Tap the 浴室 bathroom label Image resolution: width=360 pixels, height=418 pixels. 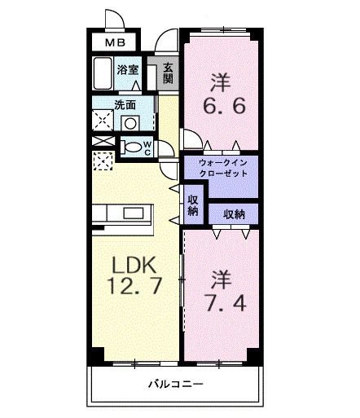click(129, 70)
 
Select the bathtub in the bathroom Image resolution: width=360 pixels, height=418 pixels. click(103, 76)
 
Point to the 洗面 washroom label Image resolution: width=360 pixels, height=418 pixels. click(125, 104)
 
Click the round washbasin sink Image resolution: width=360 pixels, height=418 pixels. click(130, 123)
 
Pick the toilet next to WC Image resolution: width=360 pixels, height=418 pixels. click(130, 147)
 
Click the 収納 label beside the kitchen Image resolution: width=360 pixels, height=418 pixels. click(193, 205)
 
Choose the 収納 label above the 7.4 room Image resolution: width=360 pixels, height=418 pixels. click(235, 213)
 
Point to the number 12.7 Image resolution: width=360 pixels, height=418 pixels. click(134, 287)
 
